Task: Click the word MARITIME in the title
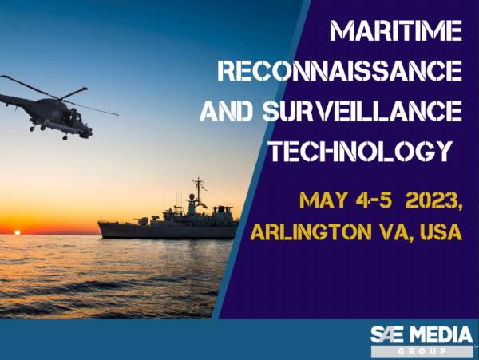coord(396,31)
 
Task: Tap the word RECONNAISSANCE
coord(340,71)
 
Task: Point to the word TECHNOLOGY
coord(361,151)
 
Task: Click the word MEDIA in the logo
coord(444,335)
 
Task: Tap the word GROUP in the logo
coord(422,351)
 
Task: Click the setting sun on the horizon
coord(18,232)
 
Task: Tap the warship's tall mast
coord(199,192)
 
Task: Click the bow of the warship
coord(99,224)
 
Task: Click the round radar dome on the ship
coord(192,197)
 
